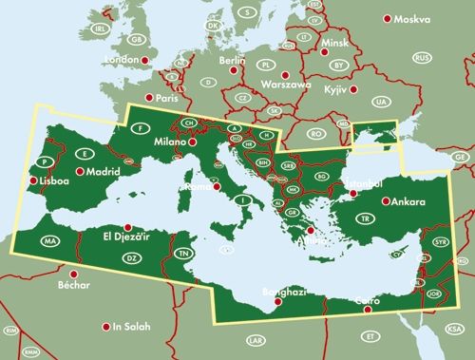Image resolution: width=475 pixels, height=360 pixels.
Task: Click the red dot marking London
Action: tap(145, 60)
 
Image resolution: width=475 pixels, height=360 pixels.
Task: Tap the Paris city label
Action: tap(167, 98)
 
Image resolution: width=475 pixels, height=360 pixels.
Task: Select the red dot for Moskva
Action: tap(387, 19)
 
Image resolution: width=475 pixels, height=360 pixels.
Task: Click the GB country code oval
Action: tap(138, 39)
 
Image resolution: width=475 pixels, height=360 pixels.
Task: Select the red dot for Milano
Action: tap(193, 142)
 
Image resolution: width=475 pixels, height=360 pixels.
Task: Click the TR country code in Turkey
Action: tap(390, 218)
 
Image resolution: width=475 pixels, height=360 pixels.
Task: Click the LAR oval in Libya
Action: tap(254, 339)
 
